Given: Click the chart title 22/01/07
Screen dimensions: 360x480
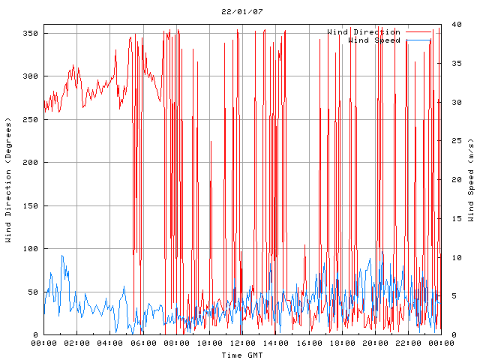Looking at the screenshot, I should pyautogui.click(x=242, y=12).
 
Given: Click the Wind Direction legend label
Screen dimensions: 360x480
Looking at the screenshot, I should pyautogui.click(x=364, y=32).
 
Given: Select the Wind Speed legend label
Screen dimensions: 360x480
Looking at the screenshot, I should pyautogui.click(x=374, y=40).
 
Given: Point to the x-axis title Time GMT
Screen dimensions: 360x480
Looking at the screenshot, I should pyautogui.click(x=242, y=354).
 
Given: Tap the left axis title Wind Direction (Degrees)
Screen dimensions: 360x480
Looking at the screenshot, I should pyautogui.click(x=9, y=180).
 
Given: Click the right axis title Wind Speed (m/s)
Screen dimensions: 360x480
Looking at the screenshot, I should pyautogui.click(x=471, y=180).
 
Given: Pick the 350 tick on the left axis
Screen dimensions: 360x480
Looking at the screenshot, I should pyautogui.click(x=30, y=34).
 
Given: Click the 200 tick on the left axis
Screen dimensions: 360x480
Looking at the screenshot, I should pyautogui.click(x=30, y=163).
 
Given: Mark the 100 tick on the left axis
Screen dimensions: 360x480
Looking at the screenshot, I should pyautogui.click(x=30, y=249).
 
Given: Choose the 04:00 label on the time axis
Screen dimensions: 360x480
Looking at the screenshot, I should pyautogui.click(x=110, y=343).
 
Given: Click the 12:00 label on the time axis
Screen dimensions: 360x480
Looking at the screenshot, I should pyautogui.click(x=242, y=343).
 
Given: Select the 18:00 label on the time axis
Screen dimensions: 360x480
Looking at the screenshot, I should pyautogui.click(x=342, y=343).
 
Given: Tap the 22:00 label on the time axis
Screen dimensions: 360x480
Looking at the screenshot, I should pyautogui.click(x=408, y=343).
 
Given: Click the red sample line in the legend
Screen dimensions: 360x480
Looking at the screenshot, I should pyautogui.click(x=418, y=32).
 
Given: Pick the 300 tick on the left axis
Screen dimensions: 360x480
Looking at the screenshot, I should pyautogui.click(x=30, y=76).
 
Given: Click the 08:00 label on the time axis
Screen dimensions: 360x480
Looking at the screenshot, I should pyautogui.click(x=176, y=343).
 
